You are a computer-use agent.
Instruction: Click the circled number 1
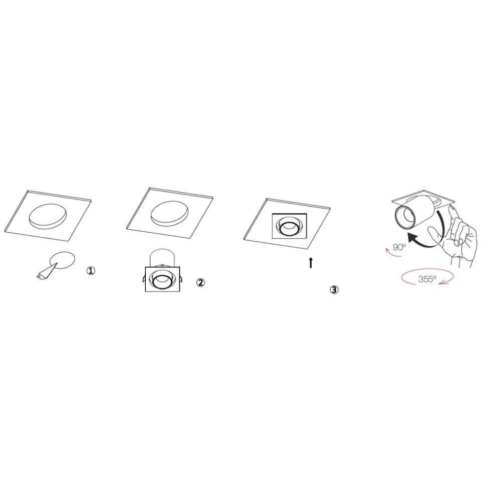[x=91, y=271]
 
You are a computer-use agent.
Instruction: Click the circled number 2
[x=200, y=282]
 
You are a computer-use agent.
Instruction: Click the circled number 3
[x=334, y=290]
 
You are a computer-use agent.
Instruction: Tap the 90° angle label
[x=399, y=247]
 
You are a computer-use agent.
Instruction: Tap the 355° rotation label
[x=427, y=279]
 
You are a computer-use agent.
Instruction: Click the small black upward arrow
[x=311, y=263]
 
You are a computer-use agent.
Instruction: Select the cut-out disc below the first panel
[x=63, y=260]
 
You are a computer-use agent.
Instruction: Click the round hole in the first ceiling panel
[x=48, y=216]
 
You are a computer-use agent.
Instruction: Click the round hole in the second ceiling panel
[x=169, y=214]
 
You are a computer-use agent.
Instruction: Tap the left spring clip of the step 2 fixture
[x=144, y=278]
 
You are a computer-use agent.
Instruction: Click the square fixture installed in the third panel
[x=289, y=226]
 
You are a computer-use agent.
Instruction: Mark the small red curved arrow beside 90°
[x=393, y=253]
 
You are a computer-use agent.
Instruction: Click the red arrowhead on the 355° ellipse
[x=446, y=282]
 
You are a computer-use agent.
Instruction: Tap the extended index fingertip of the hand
[x=453, y=208]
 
